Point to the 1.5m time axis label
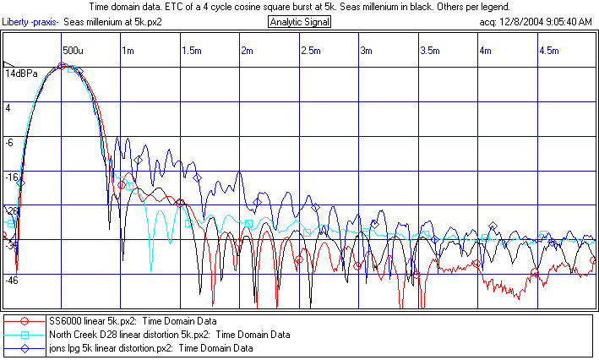click(x=192, y=51)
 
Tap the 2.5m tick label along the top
click(x=310, y=51)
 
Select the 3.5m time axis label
click(x=429, y=51)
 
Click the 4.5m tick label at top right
click(x=548, y=51)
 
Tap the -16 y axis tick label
click(x=12, y=177)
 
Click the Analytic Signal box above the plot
click(x=300, y=22)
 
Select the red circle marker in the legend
click(x=25, y=321)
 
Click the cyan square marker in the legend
click(x=25, y=335)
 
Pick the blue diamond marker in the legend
click(x=25, y=347)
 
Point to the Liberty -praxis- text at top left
click(x=31, y=22)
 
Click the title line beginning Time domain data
click(x=299, y=7)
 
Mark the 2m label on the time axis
click(x=248, y=51)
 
